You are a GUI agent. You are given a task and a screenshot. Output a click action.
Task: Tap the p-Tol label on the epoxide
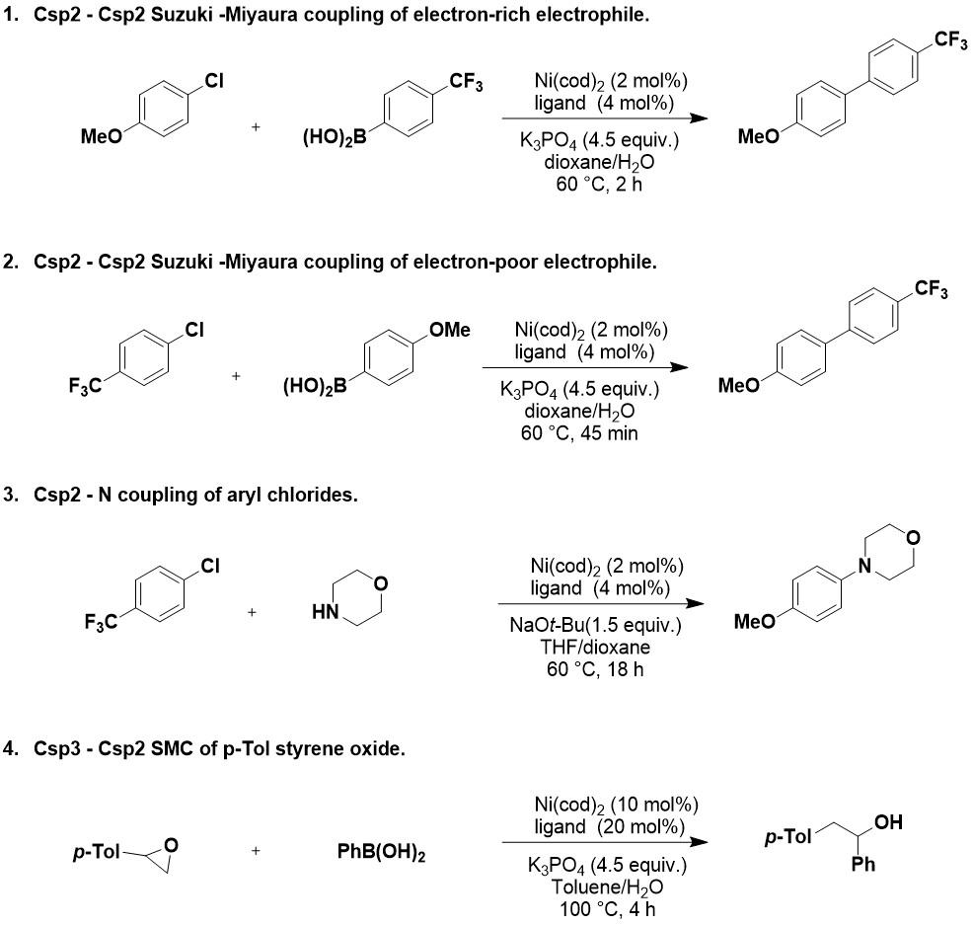pos(95,850)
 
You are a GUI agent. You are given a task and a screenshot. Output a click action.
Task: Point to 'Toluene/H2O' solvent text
pos(605,886)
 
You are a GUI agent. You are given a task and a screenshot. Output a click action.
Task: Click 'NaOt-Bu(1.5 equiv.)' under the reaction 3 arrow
pos(605,627)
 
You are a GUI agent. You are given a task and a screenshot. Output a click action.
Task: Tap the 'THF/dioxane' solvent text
pos(605,648)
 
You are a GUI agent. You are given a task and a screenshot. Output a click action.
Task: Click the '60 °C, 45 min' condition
pos(580,432)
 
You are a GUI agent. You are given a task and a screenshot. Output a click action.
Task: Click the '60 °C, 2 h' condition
pos(599,183)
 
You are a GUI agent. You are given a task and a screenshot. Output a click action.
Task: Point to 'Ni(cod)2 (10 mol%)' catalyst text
pos(605,805)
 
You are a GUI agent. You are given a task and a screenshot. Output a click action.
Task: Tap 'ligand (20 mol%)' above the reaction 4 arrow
pos(605,824)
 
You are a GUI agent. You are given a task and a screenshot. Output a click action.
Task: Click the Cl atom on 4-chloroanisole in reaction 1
pos(214,84)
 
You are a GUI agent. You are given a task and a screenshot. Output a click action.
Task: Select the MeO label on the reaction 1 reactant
pos(100,137)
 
